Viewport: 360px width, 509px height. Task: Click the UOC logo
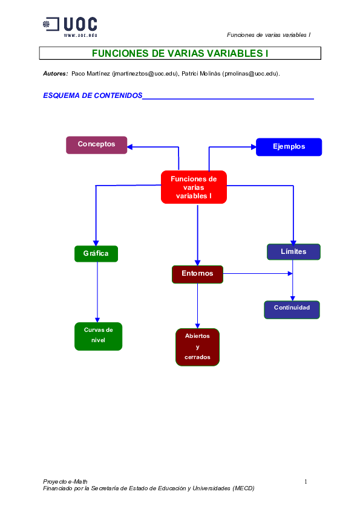tap(70, 24)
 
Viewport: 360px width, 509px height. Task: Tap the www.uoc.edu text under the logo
tap(80, 35)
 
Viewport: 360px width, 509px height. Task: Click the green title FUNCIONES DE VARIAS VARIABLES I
tap(180, 54)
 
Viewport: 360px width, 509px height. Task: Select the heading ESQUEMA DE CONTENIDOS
tap(93, 96)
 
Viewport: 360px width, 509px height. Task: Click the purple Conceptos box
tap(96, 144)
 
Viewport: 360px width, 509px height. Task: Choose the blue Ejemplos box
tap(289, 147)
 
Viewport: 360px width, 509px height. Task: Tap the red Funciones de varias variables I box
tap(194, 187)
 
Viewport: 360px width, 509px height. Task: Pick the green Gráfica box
tap(96, 253)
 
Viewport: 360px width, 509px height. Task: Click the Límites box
tap(293, 251)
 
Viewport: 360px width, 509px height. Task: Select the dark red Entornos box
tap(197, 274)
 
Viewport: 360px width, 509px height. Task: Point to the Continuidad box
tap(292, 308)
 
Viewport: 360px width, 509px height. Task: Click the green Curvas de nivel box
tap(98, 336)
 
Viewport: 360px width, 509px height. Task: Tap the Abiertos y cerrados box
tap(197, 348)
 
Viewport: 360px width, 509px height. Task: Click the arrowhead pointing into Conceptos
tap(131, 146)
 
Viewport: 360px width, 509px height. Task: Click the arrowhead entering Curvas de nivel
tap(97, 319)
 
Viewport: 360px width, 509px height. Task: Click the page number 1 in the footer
tap(306, 481)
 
